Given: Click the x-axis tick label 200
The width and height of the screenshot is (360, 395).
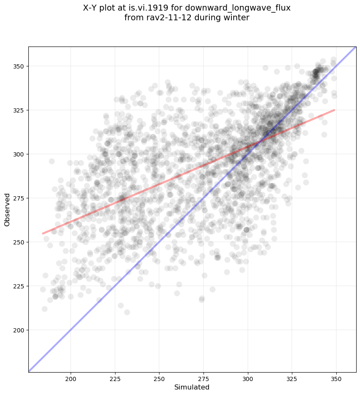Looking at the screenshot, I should (x=71, y=378).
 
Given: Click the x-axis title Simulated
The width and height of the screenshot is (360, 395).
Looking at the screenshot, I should (x=192, y=387).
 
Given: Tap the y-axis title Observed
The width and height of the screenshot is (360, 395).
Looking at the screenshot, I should (x=7, y=209).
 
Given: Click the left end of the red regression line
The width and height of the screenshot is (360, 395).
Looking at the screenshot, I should (x=42, y=233).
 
